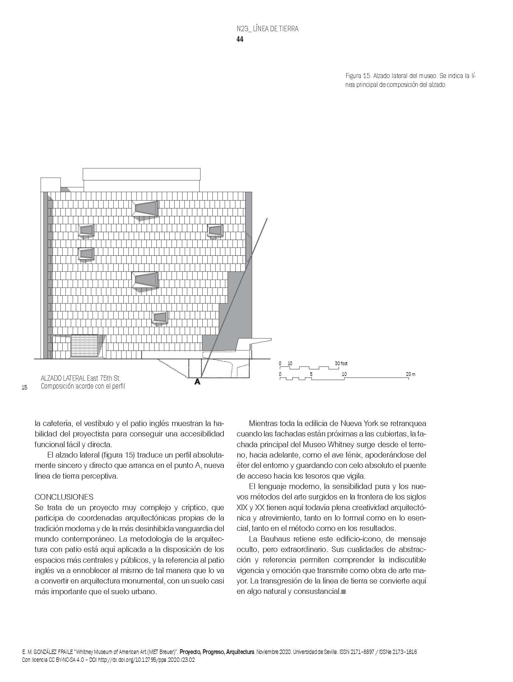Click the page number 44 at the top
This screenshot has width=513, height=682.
point(240,39)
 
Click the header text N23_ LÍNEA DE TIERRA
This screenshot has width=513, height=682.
point(267,29)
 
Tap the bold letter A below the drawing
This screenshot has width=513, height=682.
point(197,382)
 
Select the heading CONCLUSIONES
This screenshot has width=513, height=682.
point(64,497)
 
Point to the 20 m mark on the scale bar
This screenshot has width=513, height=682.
point(410,374)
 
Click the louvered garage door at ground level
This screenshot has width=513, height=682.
point(84,346)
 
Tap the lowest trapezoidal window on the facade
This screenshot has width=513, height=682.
point(160,317)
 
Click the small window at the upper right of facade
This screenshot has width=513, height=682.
point(215,230)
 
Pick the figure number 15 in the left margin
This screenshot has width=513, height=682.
point(24,388)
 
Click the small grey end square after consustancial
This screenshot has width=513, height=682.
point(343,592)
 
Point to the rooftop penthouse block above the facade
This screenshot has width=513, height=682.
point(142,179)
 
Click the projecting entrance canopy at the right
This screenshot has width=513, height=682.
point(254,341)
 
